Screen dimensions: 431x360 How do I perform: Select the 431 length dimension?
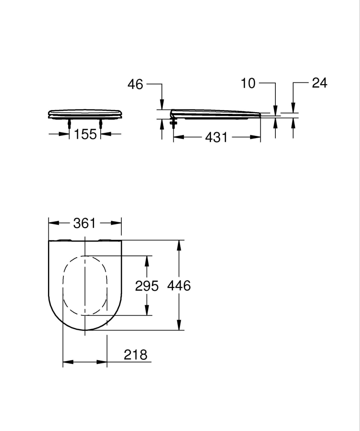coord(216,137)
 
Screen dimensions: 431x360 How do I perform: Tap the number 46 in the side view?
coord(135,85)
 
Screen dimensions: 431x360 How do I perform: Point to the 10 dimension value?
coord(249,83)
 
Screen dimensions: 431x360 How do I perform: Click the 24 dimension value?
coord(319,83)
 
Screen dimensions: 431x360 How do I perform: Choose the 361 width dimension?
coord(85,223)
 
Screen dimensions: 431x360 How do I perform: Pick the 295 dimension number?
coord(147,286)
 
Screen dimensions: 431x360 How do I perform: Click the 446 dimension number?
coord(178,286)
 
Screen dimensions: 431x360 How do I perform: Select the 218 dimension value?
coord(136,355)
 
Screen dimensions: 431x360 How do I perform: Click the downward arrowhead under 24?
coord(294,108)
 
